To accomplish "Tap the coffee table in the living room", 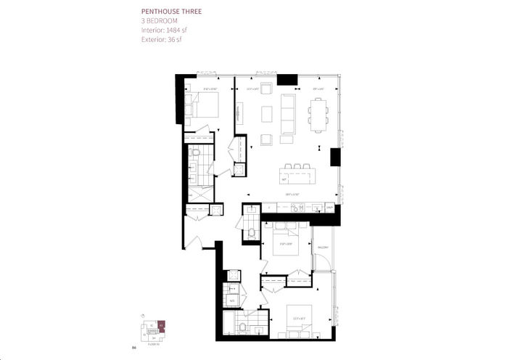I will click(x=267, y=115).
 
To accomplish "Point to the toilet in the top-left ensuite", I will click(x=194, y=153).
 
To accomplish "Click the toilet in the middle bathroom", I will click(x=251, y=233).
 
